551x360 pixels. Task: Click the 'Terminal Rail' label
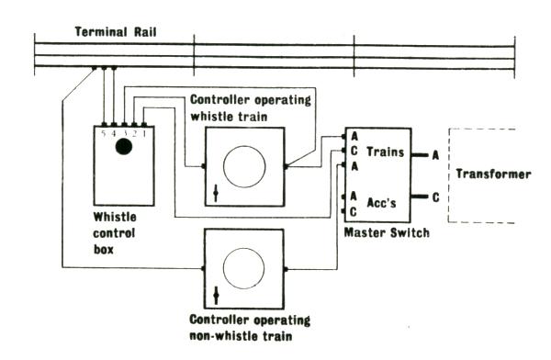pos(116,32)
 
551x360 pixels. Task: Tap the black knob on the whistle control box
pos(124,147)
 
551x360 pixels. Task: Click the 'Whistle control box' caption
pos(115,233)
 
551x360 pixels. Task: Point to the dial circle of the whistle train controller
pos(244,166)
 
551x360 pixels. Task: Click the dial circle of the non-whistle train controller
pos(244,268)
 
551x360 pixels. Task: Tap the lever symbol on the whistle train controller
pos(216,194)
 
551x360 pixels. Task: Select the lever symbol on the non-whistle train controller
pos(216,296)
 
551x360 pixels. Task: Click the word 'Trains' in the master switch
pos(386,152)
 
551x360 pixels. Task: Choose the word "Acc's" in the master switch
pos(381,203)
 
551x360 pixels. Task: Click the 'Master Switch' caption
pos(387,232)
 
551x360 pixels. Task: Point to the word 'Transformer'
pos(493,174)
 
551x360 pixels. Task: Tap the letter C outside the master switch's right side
pos(435,197)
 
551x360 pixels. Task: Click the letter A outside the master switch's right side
pos(435,155)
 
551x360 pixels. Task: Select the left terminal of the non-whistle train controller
pos(203,268)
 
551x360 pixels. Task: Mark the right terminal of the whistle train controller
pos(286,166)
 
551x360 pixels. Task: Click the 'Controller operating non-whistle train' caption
pos(250,328)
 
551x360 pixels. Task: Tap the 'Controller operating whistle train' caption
pos(251,107)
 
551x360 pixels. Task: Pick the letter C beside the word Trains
pos(354,151)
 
